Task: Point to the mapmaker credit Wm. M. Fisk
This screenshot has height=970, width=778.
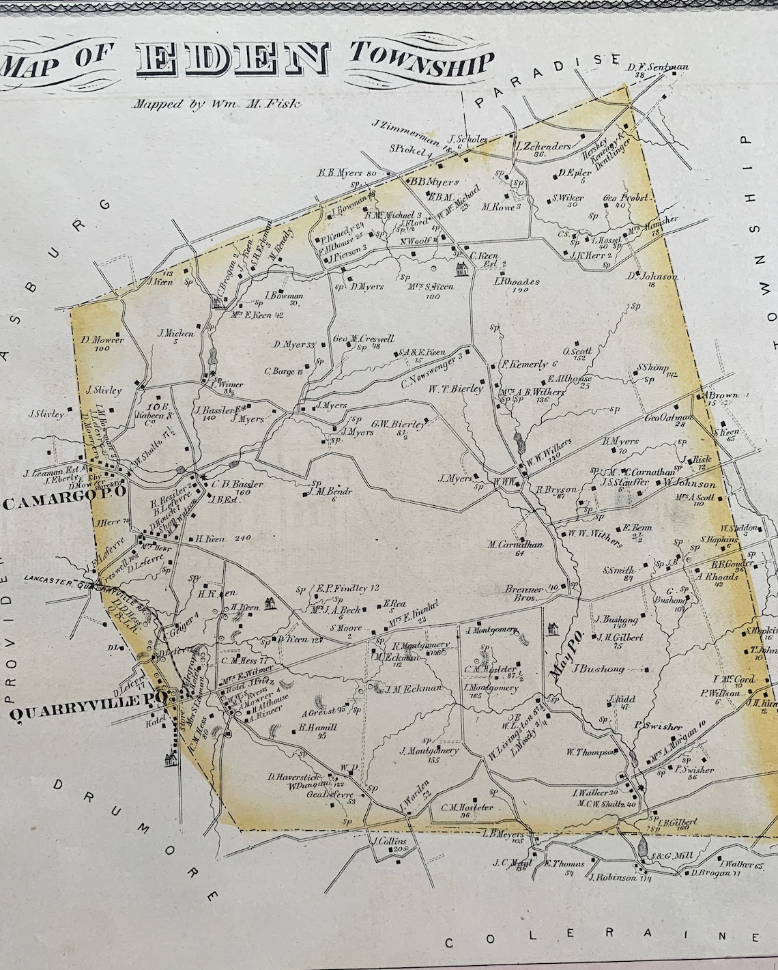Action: pos(217,104)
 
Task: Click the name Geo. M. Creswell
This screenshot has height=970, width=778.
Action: pos(363,338)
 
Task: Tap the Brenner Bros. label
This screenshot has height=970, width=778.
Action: pos(524,592)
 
